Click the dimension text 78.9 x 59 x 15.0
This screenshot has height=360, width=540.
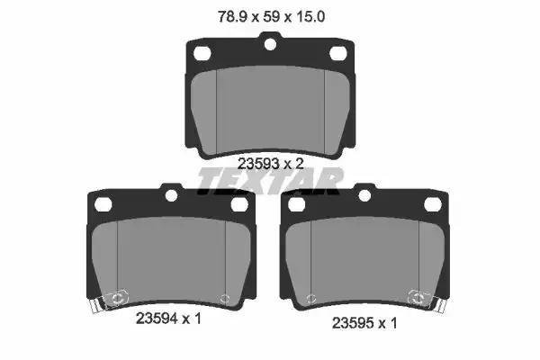[272, 16]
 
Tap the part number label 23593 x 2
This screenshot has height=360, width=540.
[271, 164]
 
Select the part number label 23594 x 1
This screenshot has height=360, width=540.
[168, 319]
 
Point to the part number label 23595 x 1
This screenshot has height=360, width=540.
[364, 323]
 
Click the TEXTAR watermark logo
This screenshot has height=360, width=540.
[271, 181]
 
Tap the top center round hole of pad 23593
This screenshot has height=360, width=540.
[270, 44]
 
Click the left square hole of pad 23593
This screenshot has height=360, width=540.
[202, 53]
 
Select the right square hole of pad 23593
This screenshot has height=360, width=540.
[338, 53]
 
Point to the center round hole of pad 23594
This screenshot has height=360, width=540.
[171, 195]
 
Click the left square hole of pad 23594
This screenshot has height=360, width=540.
[103, 204]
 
